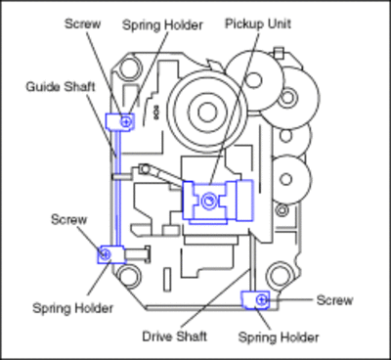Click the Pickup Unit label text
pos(258,23)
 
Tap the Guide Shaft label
pos(61,87)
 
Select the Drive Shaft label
pos(175,337)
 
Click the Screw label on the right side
pos(334,300)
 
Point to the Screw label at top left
pos(82,23)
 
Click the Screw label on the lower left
pos(69,219)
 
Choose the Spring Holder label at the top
pos(162,25)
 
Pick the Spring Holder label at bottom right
pos(279,337)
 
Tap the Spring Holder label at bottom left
pos(73,308)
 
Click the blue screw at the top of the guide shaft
pos(126,121)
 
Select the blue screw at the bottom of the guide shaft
pos(105,253)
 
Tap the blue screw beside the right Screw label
pos(261,299)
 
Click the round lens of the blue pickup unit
pos(208,201)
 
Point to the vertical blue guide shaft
pos(118,188)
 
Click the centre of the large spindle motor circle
pos(207,112)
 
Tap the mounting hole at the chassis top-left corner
pos(126,69)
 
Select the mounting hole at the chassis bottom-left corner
pos(127,276)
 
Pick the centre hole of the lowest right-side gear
pos(286,179)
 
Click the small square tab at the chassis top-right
pos(279,53)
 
